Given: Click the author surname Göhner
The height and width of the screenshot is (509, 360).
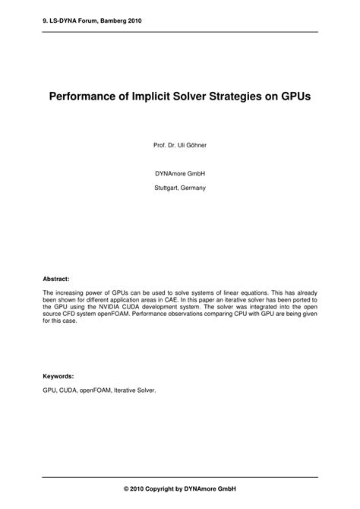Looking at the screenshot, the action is point(194,144).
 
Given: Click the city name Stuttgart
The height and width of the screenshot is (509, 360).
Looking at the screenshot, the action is point(166,187).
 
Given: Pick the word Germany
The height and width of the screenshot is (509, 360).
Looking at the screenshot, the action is point(194,187).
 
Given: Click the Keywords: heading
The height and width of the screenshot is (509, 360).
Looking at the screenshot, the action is point(58,376).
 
